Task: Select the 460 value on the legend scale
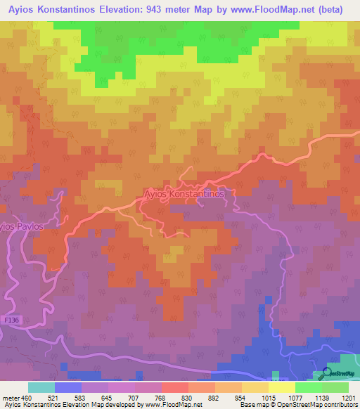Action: tap(22, 397)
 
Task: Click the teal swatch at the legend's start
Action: tap(41, 387)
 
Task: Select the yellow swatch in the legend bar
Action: tap(281, 387)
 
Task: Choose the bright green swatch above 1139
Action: tap(308, 387)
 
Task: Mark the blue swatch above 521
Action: tap(67, 387)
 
